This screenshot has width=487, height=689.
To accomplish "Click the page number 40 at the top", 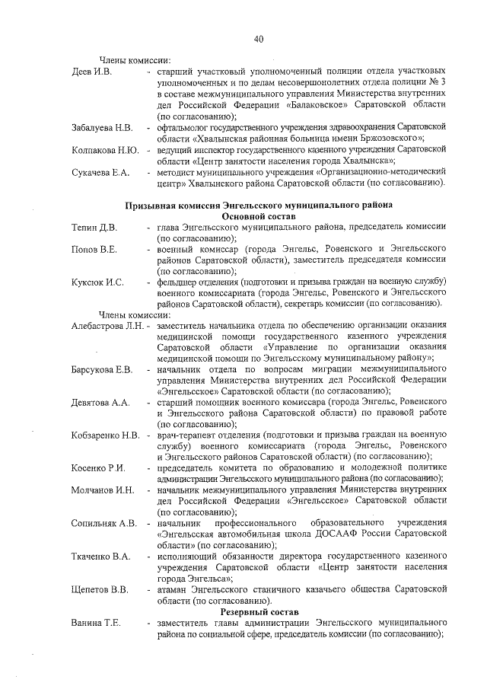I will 259,39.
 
